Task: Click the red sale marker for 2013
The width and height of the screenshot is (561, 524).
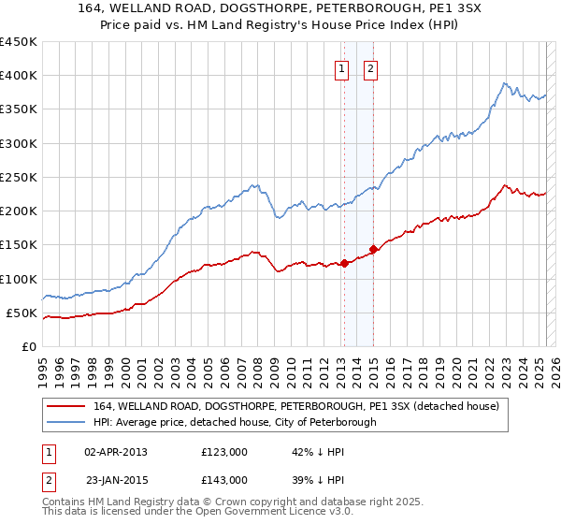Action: click(x=344, y=263)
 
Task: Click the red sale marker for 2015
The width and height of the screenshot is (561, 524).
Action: click(x=373, y=249)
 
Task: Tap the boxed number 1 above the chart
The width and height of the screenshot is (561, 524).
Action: click(x=341, y=67)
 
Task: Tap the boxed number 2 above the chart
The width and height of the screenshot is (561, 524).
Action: click(x=371, y=67)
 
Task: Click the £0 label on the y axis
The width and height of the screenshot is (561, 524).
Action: click(x=28, y=346)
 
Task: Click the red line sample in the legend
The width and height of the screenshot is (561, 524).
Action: click(x=65, y=407)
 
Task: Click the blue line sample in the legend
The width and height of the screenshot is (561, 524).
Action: click(x=65, y=422)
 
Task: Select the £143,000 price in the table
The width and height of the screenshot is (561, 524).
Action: click(x=223, y=479)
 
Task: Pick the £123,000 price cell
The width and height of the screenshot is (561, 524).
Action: click(x=223, y=452)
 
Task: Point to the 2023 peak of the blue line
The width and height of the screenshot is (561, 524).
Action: click(x=504, y=82)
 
